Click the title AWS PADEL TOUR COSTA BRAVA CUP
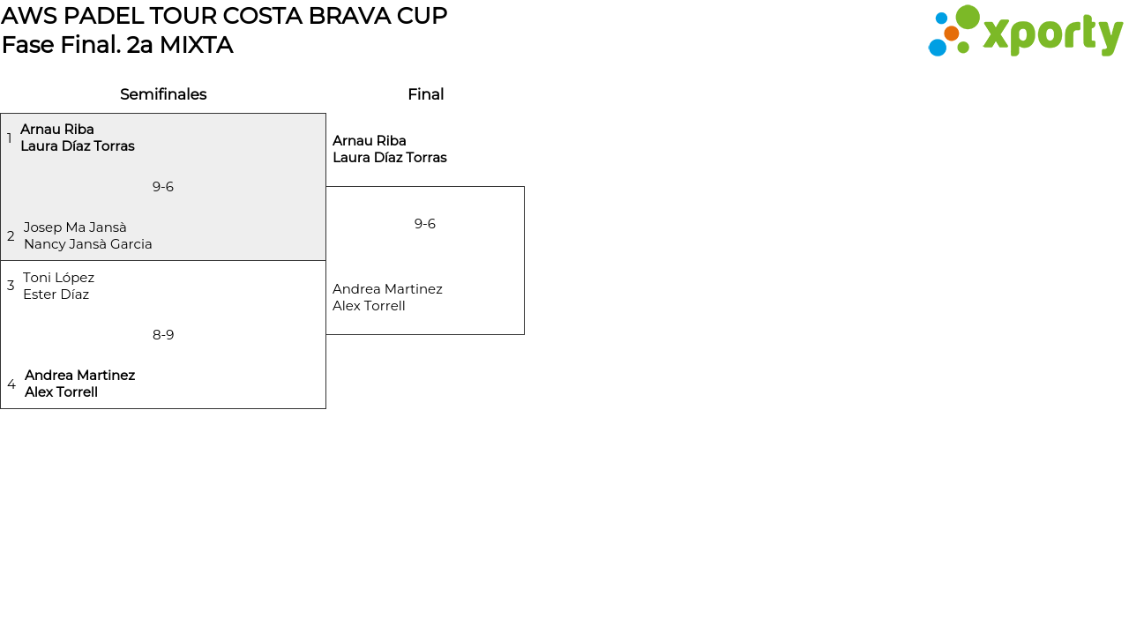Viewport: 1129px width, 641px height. [224, 16]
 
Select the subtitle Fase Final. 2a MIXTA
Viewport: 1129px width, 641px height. [117, 45]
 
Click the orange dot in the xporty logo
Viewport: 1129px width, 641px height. [951, 34]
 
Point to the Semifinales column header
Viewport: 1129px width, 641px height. [163, 94]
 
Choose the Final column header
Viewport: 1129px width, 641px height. [425, 94]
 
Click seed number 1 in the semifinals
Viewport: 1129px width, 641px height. [10, 138]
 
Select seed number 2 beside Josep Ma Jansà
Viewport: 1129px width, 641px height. [11, 236]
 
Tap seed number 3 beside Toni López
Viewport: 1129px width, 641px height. [11, 286]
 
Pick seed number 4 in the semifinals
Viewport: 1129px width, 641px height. [11, 384]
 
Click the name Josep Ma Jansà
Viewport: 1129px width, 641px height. [75, 227]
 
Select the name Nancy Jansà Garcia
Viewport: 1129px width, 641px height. [88, 244]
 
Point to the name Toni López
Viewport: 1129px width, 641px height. [58, 278]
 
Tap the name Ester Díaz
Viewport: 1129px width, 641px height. [56, 294]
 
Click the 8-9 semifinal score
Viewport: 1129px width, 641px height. [163, 335]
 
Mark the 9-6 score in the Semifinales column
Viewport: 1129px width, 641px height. [163, 187]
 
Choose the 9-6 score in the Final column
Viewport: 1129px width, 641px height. [425, 224]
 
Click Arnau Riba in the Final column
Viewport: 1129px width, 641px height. [370, 141]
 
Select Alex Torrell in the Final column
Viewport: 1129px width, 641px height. [369, 306]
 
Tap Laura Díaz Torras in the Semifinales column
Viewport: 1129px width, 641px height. [78, 146]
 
